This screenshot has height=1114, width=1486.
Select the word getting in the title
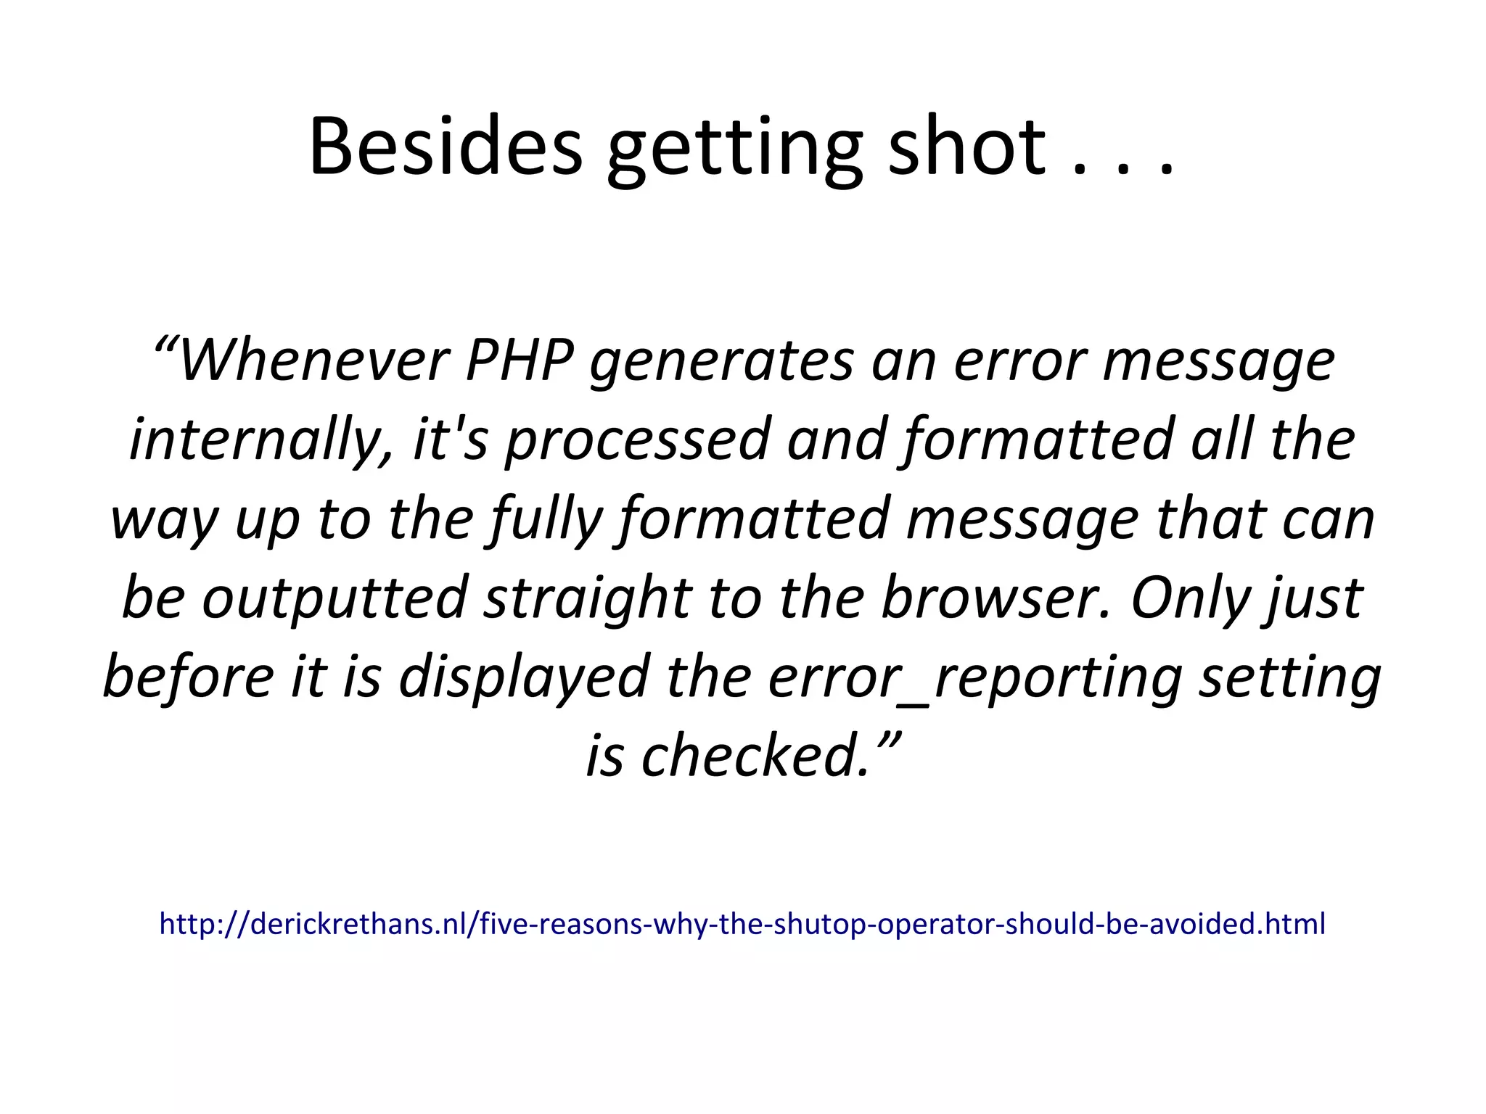point(734,152)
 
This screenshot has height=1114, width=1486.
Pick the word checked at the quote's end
point(755,756)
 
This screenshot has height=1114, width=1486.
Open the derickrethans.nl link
point(742,924)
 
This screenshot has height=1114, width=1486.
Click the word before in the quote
point(188,677)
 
